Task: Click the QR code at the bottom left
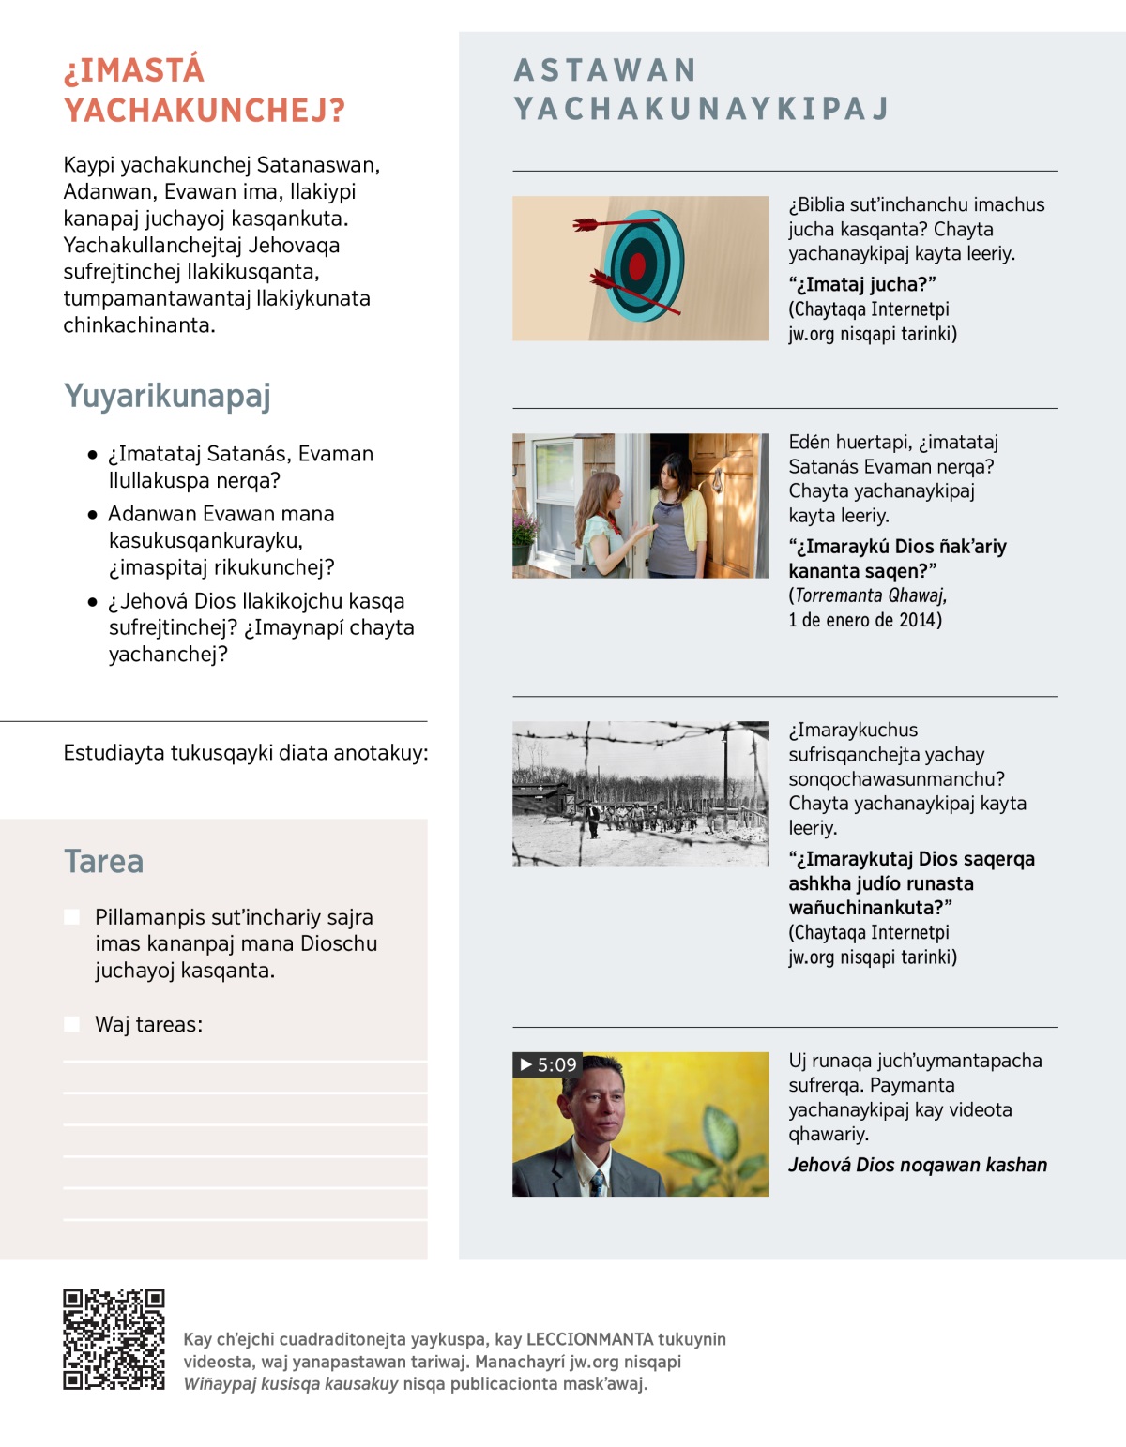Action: (114, 1339)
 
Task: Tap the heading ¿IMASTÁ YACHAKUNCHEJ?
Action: (204, 90)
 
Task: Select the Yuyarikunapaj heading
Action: (167, 396)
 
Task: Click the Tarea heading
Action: (103, 861)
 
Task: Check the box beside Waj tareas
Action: (71, 1024)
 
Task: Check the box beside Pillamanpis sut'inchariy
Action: (71, 917)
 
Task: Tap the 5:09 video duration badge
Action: (548, 1064)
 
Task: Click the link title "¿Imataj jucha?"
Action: (862, 284)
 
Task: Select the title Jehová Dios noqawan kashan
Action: (917, 1165)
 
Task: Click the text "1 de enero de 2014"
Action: (864, 620)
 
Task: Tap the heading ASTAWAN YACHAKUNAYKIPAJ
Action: (700, 90)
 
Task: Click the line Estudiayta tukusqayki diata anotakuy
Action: (245, 753)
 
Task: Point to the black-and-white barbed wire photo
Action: (640, 793)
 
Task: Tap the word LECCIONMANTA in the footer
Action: (589, 1339)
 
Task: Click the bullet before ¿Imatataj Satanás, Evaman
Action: (92, 455)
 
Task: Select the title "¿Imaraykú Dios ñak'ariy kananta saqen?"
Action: (896, 559)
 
